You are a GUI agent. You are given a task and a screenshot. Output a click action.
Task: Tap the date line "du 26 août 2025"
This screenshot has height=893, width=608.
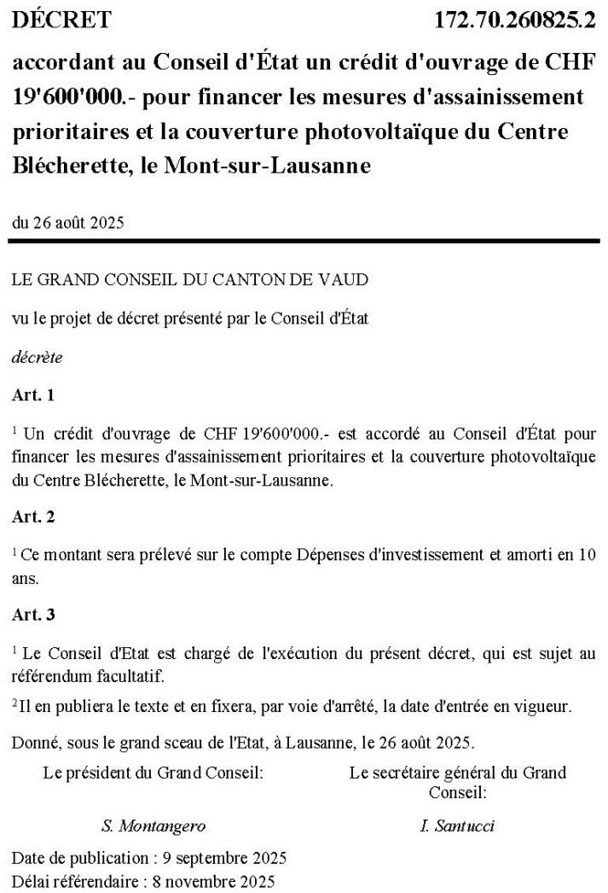(68, 224)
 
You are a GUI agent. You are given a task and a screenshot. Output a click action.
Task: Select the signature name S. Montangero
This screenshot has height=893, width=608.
(153, 826)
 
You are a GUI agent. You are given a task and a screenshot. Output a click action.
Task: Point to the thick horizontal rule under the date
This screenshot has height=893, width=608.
(304, 242)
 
